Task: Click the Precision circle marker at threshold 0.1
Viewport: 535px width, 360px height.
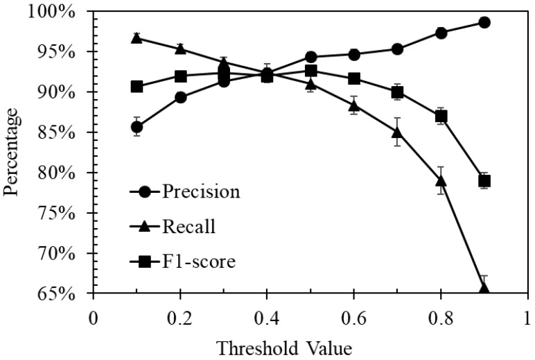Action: tap(137, 126)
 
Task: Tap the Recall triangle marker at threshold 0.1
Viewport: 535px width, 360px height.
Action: tap(137, 38)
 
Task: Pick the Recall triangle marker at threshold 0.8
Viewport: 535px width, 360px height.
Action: tap(441, 181)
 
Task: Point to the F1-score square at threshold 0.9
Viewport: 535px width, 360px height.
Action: tap(484, 181)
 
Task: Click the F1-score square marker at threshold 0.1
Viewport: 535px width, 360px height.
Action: tap(137, 87)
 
